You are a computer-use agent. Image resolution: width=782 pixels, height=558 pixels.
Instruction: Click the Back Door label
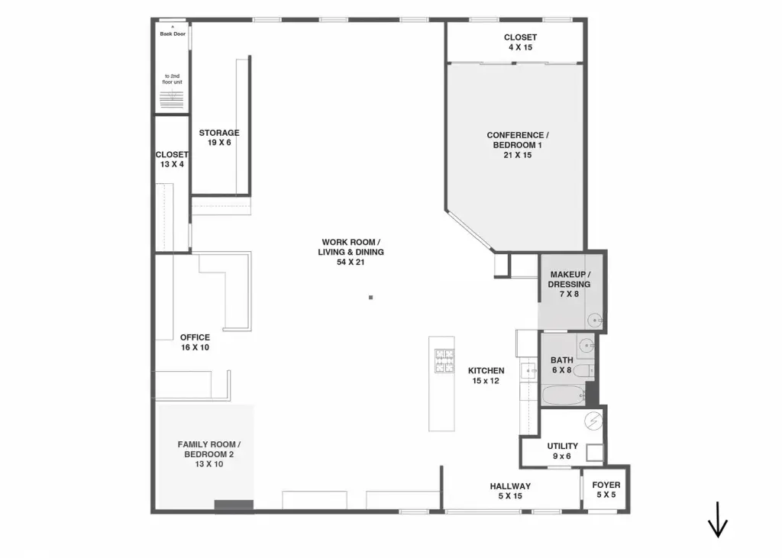pos(173,34)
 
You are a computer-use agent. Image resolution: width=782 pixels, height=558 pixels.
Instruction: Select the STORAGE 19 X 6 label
pos(219,137)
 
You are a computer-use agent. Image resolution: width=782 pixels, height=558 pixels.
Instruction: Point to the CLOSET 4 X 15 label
pos(520,43)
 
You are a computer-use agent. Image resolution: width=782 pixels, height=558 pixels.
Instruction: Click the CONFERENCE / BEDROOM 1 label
pos(518,145)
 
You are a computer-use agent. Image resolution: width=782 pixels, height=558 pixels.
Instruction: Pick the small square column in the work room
pos(370,297)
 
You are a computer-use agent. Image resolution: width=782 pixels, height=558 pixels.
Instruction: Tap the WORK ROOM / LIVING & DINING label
pos(351,252)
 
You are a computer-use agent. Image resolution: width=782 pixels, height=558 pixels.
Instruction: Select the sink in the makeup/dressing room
pos(594,320)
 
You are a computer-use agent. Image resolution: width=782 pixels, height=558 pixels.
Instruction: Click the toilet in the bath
pos(583,370)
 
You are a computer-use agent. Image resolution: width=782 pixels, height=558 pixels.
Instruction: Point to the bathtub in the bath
pos(564,396)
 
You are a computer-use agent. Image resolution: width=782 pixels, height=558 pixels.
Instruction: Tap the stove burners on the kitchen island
pos(444,360)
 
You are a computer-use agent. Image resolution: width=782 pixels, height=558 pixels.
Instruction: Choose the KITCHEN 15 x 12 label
pos(486,376)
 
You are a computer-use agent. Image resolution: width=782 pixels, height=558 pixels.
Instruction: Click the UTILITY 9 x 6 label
pos(562,451)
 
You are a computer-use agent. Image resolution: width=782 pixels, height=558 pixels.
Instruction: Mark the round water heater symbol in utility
pos(593,421)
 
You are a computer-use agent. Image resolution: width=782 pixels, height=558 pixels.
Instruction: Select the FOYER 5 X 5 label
pos(606,490)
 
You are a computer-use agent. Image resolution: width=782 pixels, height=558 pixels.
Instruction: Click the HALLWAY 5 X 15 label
pos(510,491)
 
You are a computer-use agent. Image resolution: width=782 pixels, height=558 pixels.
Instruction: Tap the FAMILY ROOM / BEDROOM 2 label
pos(209,454)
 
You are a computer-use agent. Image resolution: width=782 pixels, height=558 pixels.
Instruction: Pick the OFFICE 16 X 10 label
pos(195,342)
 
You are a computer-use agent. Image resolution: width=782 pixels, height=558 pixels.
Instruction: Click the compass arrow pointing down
pos(718,520)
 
